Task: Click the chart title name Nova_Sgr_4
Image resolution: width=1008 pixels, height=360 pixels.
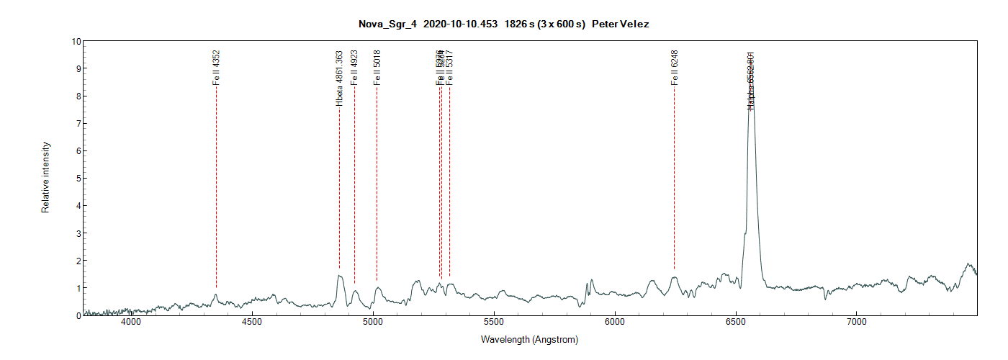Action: click(387, 24)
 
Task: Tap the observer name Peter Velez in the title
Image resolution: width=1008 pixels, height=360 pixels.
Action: click(620, 24)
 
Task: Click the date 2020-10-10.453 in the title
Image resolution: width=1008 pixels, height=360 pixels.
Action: click(460, 24)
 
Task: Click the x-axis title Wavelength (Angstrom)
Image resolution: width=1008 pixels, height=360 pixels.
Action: click(529, 339)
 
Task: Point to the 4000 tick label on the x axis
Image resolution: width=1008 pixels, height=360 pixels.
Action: click(131, 323)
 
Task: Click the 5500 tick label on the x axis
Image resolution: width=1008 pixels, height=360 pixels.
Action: click(494, 323)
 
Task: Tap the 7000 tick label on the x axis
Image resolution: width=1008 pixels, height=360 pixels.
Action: click(857, 323)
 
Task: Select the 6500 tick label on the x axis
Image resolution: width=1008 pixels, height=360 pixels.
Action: click(736, 323)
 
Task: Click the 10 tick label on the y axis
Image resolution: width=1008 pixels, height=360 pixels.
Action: click(75, 41)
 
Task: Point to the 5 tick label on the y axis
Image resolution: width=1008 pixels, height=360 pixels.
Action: click(77, 178)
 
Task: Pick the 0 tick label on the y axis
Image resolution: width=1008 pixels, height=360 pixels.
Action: click(77, 315)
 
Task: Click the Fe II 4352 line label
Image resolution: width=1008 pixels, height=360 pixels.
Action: click(216, 68)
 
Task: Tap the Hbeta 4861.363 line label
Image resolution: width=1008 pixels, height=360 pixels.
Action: click(339, 78)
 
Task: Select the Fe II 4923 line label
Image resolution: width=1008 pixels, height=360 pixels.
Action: click(354, 68)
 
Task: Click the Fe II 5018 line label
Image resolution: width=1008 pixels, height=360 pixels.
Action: click(377, 68)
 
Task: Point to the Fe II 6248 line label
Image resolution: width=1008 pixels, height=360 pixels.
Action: click(675, 68)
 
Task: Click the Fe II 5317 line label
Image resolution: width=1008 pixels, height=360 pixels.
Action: click(449, 68)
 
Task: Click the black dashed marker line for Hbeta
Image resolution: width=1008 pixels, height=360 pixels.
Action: click(339, 187)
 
